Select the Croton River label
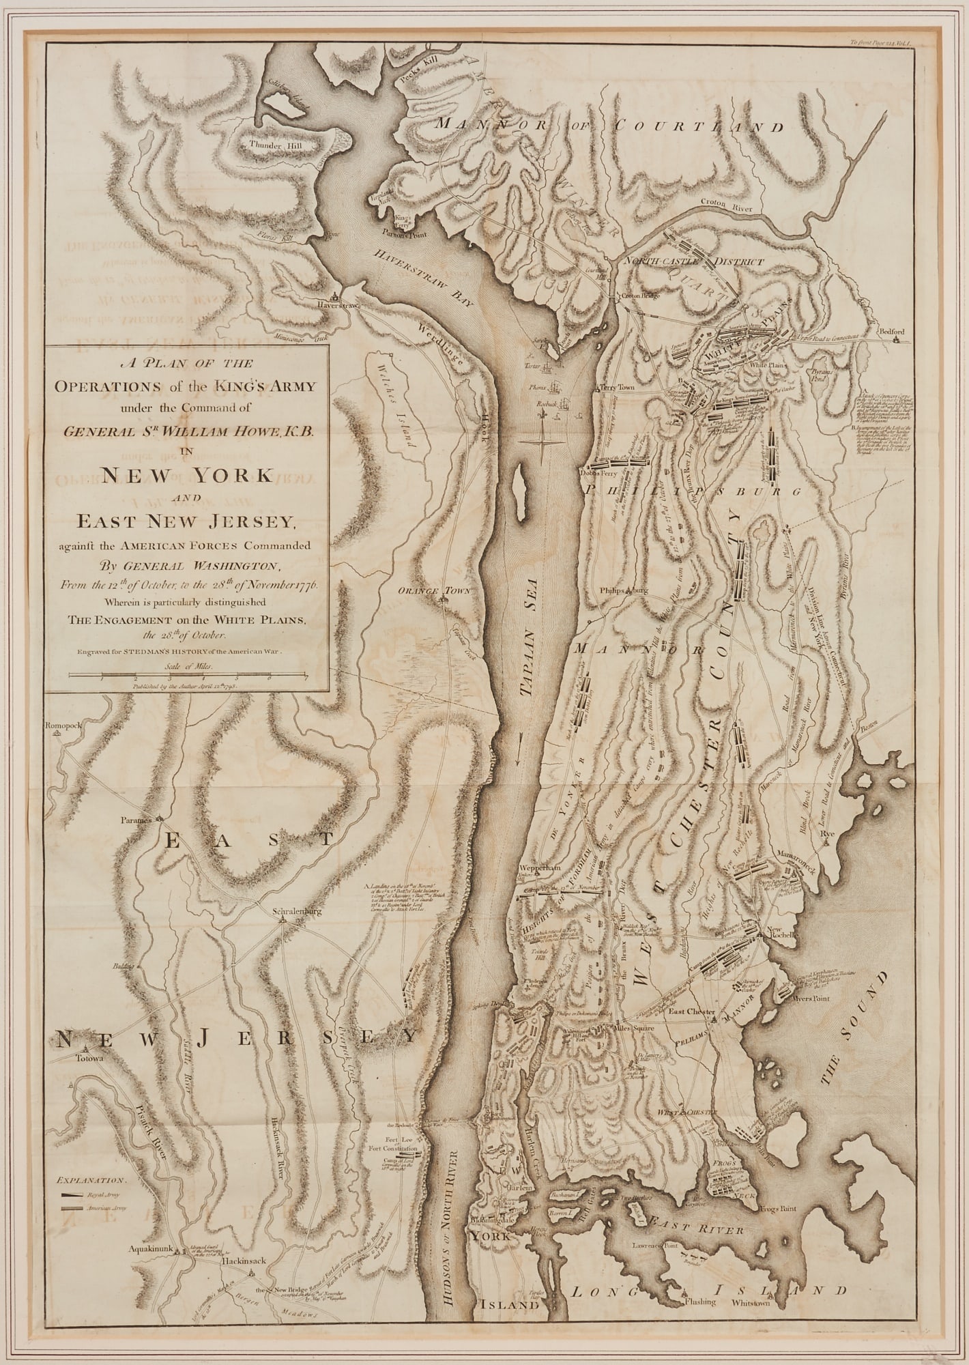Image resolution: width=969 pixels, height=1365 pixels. (x=725, y=204)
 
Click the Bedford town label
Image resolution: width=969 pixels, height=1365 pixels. (x=896, y=332)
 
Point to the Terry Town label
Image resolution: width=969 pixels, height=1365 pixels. (x=618, y=387)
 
